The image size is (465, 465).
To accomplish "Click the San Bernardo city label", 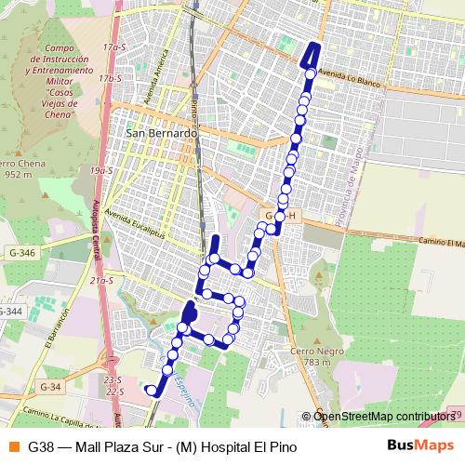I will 160,134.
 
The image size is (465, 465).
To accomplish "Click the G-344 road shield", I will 9,311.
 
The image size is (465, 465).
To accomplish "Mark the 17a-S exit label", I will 114,46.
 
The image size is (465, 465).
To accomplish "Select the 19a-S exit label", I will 100,171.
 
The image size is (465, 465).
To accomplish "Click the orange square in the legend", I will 11,446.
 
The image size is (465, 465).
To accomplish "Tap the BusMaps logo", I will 420,446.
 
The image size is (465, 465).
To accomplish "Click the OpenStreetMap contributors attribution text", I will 383,416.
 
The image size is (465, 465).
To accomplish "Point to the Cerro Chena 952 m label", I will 22,167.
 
